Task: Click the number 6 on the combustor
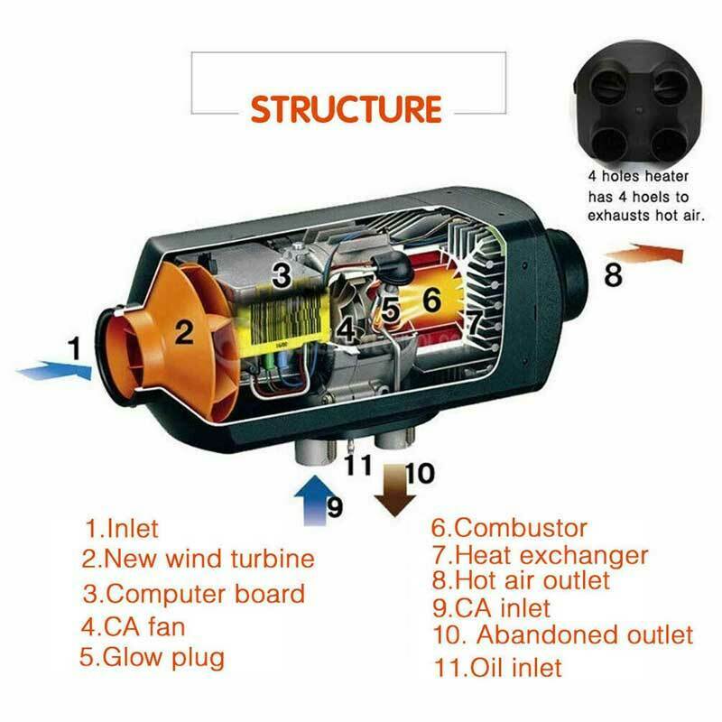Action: coord(431,299)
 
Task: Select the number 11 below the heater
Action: coord(357,467)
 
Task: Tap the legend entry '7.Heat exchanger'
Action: coord(540,553)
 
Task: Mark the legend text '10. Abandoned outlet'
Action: coord(562,634)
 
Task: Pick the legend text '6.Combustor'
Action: coord(509,527)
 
